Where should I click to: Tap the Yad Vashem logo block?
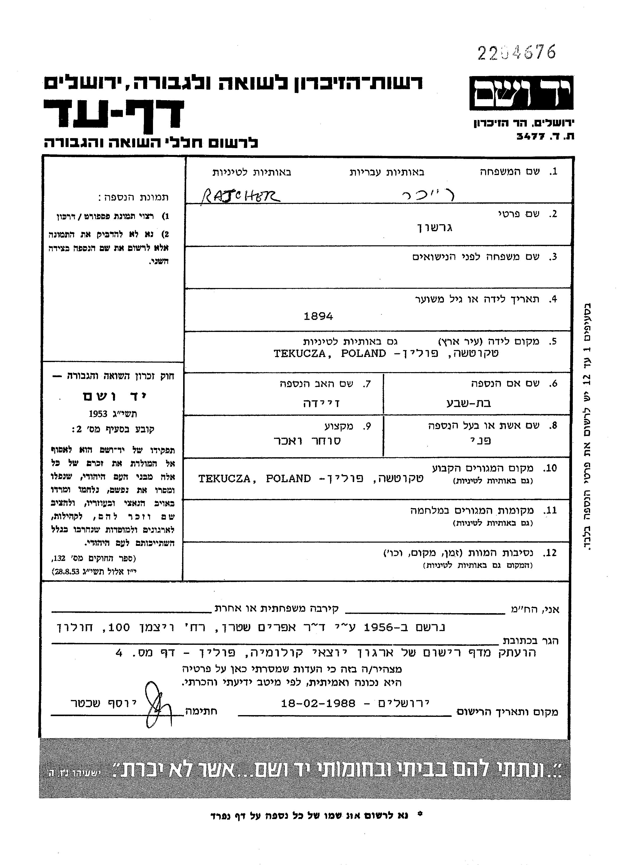521,93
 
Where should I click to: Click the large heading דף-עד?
114,114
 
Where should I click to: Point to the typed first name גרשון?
434,228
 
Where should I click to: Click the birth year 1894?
318,316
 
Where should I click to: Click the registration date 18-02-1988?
318,703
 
